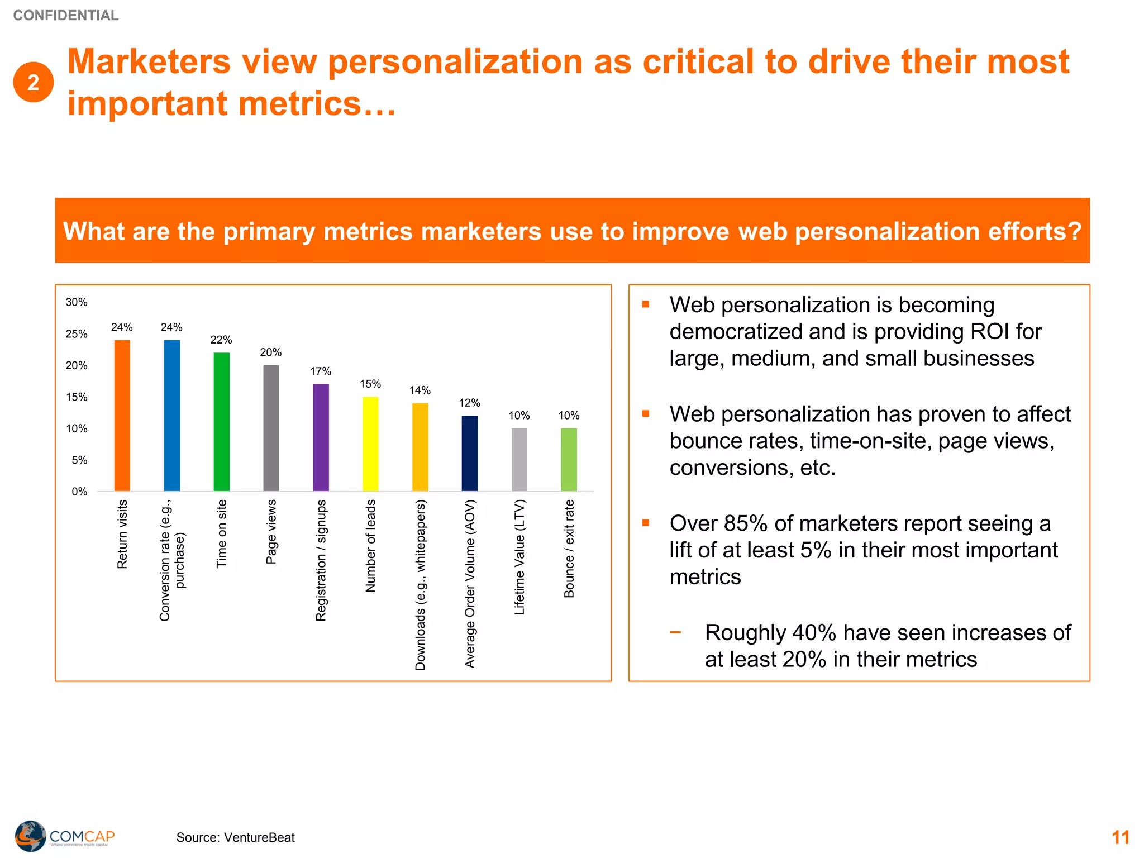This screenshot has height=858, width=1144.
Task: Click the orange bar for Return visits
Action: tap(122, 416)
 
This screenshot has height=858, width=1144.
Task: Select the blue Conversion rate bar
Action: tap(171, 416)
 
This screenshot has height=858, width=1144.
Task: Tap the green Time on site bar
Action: tap(221, 422)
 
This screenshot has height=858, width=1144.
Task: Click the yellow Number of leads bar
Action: tap(370, 444)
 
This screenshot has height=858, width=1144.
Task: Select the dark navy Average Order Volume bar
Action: tap(470, 453)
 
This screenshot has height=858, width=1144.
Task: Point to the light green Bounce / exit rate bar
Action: tap(569, 460)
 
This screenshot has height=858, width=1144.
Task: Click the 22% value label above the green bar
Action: tap(221, 340)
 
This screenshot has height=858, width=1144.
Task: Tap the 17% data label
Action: tap(321, 371)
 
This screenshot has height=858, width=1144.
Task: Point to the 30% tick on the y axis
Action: tap(77, 302)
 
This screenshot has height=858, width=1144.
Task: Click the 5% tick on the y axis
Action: tap(79, 460)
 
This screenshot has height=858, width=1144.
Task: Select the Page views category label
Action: tap(271, 532)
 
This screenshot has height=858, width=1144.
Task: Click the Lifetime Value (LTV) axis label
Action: tap(519, 557)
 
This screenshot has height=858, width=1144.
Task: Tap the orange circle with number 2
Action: tap(34, 82)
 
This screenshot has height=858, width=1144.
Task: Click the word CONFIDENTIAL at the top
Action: tap(66, 16)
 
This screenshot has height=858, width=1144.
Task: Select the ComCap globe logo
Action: tap(30, 836)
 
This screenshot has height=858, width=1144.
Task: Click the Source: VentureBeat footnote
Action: tap(235, 837)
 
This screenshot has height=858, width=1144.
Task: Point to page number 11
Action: tap(1120, 837)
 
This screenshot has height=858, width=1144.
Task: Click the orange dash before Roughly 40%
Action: tap(676, 632)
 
